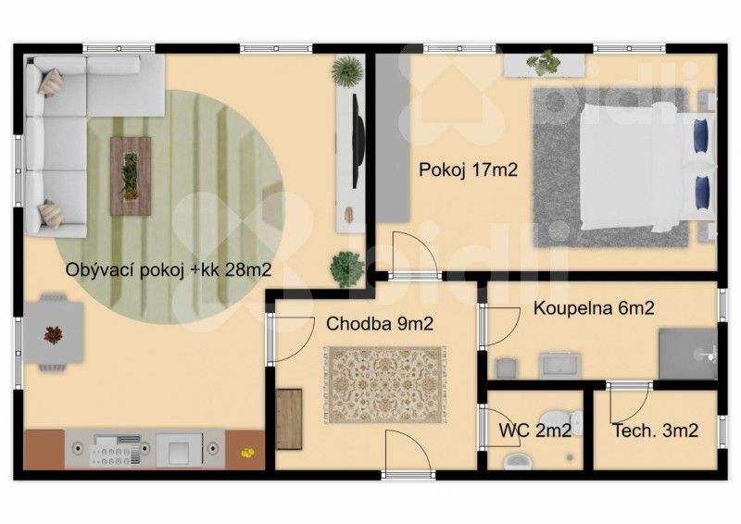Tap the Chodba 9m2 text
(x=380, y=323)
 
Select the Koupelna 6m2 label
(x=594, y=308)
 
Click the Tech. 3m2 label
(x=655, y=430)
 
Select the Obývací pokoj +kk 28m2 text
(x=169, y=270)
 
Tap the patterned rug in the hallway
(x=384, y=385)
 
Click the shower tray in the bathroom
(x=687, y=353)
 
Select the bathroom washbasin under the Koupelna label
(x=559, y=367)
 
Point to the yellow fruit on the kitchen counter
(x=246, y=452)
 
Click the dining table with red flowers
(x=53, y=332)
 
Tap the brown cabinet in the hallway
(x=289, y=418)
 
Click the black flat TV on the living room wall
(x=357, y=139)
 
